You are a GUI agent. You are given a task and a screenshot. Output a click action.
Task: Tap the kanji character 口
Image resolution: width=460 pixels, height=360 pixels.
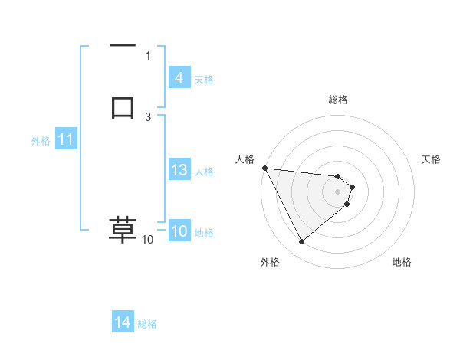click(123, 106)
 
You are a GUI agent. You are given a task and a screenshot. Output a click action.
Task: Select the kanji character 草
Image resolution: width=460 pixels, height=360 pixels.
click(123, 230)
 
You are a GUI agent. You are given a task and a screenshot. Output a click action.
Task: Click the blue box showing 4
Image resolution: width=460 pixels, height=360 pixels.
click(179, 78)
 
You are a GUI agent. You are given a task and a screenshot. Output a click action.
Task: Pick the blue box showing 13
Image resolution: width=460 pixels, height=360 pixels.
click(179, 170)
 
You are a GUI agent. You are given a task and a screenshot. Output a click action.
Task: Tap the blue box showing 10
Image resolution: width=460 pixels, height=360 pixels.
click(179, 232)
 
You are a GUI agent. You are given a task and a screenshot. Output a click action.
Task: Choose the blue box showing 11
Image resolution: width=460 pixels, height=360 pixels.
click(65, 140)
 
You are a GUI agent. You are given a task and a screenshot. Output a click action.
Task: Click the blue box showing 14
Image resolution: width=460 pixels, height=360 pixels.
click(123, 323)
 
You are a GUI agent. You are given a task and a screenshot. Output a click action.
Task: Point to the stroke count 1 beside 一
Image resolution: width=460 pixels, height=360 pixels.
click(148, 55)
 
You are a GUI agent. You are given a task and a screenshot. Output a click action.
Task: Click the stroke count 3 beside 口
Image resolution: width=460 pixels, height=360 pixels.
click(148, 116)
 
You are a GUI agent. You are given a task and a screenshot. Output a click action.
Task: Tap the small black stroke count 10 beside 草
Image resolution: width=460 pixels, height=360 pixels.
click(147, 240)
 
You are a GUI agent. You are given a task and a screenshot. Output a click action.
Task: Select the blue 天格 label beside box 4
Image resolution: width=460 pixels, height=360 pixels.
click(204, 79)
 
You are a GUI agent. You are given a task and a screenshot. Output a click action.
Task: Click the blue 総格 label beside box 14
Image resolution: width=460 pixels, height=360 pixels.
click(147, 324)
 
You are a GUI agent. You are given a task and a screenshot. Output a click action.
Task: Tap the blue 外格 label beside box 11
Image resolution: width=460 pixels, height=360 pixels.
click(41, 141)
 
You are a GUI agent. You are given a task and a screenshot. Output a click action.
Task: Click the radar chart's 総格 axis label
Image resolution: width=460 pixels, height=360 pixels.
click(338, 100)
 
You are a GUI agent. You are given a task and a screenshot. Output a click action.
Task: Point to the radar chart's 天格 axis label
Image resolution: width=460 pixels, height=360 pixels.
click(432, 159)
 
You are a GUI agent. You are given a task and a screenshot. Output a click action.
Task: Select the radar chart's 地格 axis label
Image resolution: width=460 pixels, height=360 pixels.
click(402, 262)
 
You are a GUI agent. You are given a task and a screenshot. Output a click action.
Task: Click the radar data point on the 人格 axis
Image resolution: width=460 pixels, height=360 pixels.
click(264, 168)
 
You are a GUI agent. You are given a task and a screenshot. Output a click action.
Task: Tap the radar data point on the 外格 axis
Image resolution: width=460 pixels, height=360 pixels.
click(301, 242)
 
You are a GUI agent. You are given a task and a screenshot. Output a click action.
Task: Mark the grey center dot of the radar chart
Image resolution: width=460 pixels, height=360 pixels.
click(338, 191)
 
